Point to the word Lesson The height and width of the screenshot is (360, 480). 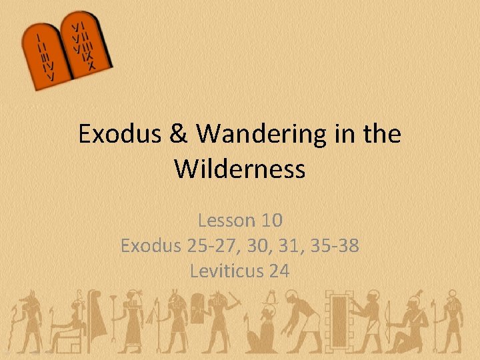tap(227, 220)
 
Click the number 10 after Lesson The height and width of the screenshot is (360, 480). tap(272, 220)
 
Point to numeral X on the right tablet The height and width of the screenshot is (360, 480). tap(91, 65)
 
